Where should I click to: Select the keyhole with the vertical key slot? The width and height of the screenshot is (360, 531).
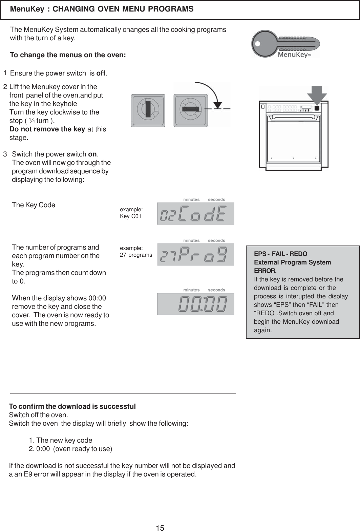click(x=148, y=110)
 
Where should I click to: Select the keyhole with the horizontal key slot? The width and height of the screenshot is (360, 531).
click(x=191, y=110)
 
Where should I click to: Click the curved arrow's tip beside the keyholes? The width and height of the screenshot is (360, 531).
click(x=217, y=105)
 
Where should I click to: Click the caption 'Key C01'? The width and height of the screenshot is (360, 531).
click(x=131, y=216)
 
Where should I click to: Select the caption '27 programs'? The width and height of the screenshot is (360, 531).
click(x=136, y=255)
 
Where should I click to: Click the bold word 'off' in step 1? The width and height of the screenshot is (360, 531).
click(x=101, y=73)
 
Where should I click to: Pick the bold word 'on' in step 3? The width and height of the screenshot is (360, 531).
click(x=92, y=154)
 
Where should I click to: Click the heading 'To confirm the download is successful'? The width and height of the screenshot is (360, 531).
click(x=72, y=406)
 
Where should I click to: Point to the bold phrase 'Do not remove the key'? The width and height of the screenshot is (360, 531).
click(x=47, y=129)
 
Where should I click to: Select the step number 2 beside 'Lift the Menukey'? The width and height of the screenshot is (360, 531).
click(x=5, y=87)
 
